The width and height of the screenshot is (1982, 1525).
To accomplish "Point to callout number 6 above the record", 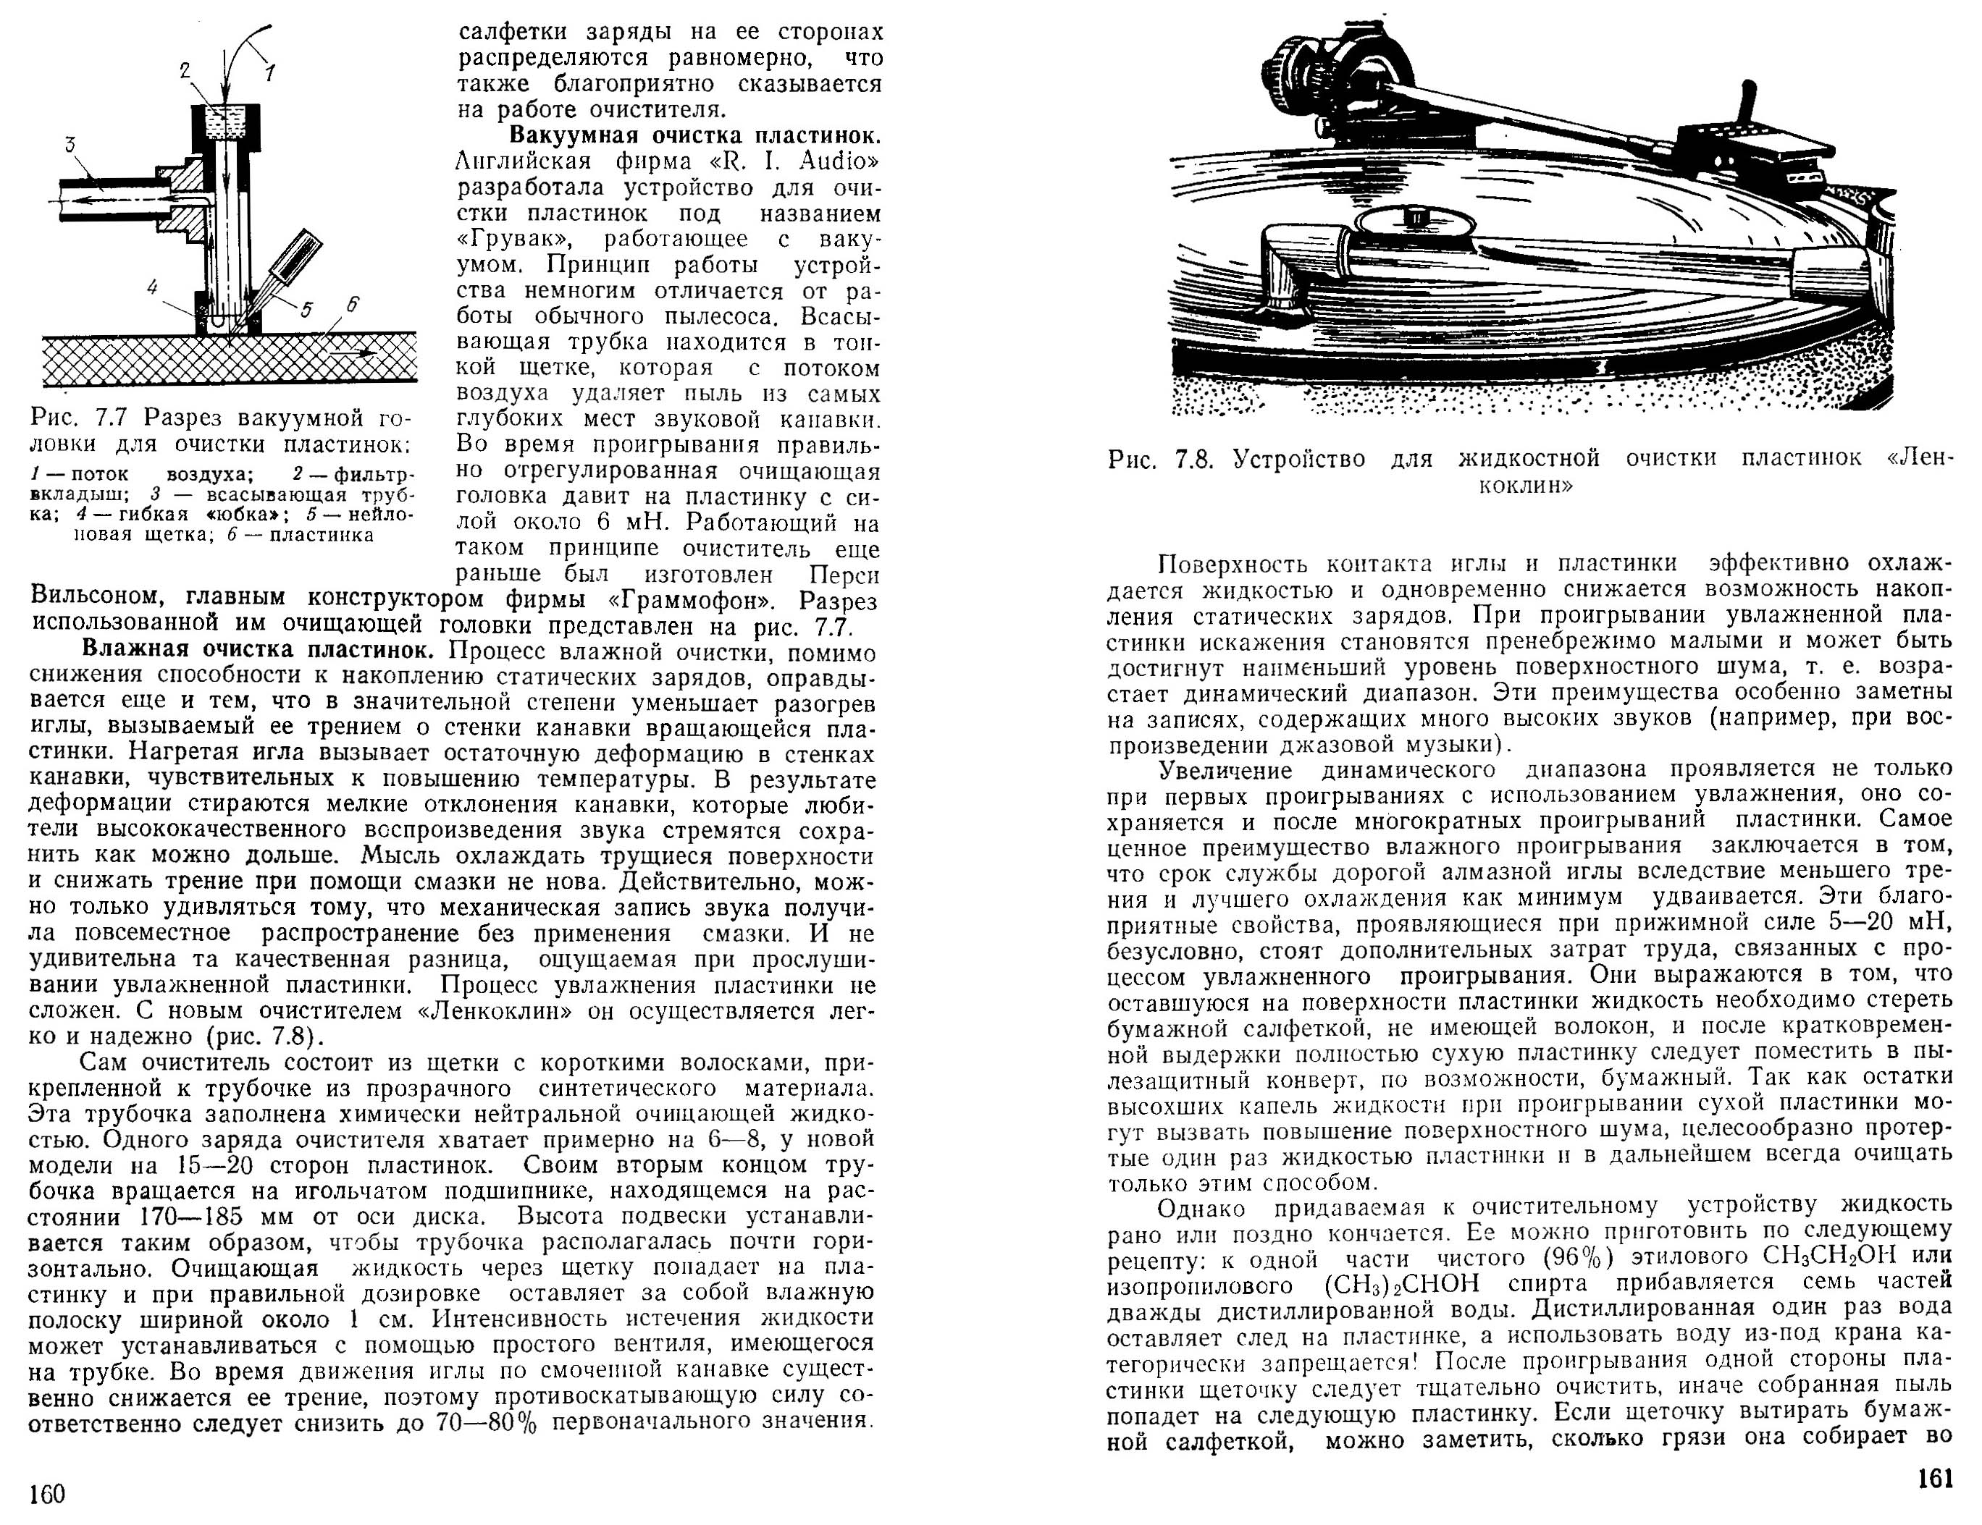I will point(352,305).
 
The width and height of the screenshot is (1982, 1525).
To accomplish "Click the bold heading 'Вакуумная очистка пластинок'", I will point(694,136).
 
